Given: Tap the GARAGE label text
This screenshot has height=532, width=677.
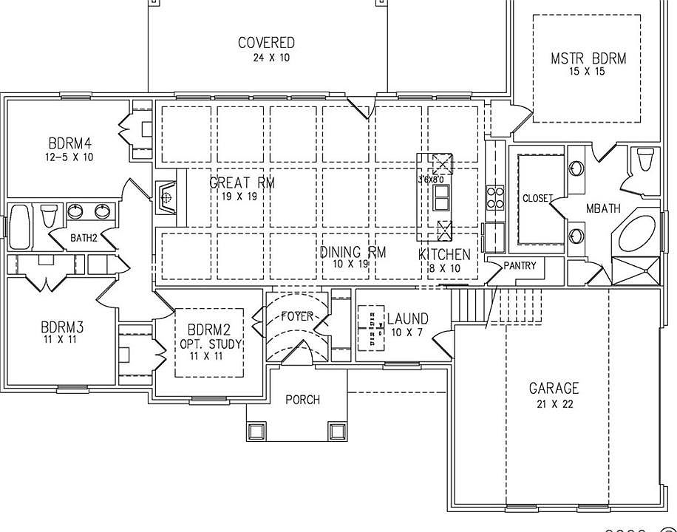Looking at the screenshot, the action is tap(554, 388).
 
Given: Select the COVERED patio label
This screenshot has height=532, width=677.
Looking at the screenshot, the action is tap(266, 43).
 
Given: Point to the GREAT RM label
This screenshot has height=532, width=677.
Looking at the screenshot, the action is tap(242, 183).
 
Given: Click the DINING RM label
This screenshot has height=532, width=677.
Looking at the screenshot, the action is tap(353, 253).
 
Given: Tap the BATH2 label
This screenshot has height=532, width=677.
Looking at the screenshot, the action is tap(84, 238).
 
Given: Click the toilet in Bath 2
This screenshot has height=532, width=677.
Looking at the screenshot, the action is tap(50, 216).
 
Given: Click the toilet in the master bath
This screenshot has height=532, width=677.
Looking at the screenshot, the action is tap(644, 160).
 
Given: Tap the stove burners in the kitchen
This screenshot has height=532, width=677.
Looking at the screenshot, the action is tap(494, 198).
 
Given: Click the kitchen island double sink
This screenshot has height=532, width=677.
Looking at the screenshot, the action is tap(442, 198).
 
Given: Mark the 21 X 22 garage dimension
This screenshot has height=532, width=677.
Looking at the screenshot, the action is tap(554, 404).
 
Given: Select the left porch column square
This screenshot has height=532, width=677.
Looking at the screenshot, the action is tap(256, 430).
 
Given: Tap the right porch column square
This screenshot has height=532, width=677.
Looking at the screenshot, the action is tap(337, 430).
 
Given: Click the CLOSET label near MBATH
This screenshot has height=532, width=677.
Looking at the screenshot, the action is tap(537, 198).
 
